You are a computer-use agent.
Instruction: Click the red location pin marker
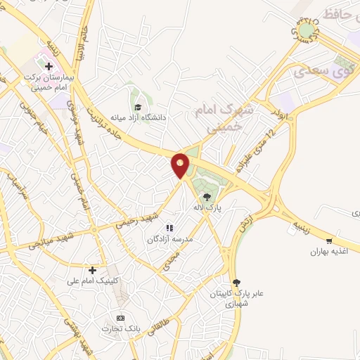tap(181, 166)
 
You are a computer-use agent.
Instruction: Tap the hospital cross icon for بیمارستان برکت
tap(49, 67)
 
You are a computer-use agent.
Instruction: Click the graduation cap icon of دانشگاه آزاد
tap(139, 107)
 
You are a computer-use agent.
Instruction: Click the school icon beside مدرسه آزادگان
tap(169, 228)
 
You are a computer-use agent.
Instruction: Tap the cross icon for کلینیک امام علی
tap(92, 270)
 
